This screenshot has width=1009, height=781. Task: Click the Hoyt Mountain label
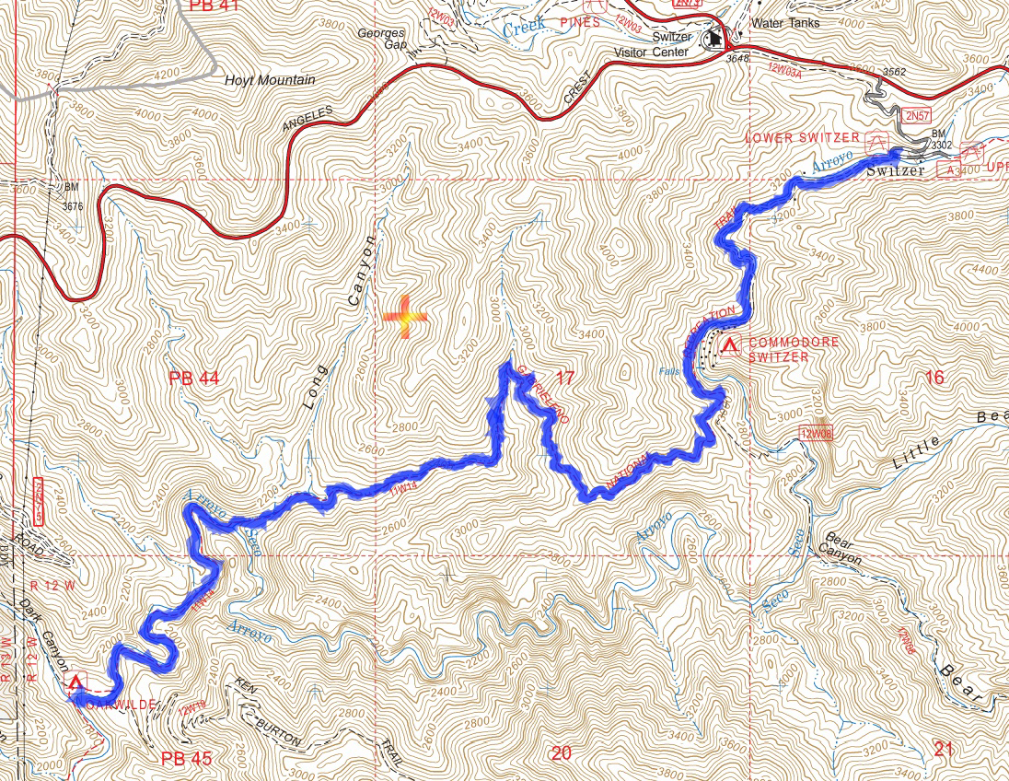pyautogui.click(x=270, y=80)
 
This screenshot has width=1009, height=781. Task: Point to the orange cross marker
pyautogui.click(x=405, y=318)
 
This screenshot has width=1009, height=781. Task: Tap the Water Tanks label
pyautogui.click(x=784, y=23)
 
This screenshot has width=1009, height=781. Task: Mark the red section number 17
pyautogui.click(x=565, y=377)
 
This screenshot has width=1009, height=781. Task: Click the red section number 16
pyautogui.click(x=934, y=377)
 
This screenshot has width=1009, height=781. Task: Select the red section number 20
pyautogui.click(x=561, y=753)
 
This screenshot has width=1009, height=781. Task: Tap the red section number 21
pyautogui.click(x=943, y=750)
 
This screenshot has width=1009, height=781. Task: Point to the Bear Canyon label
pyautogui.click(x=841, y=548)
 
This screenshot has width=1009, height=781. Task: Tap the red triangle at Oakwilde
pyautogui.click(x=76, y=682)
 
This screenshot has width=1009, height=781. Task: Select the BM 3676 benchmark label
pyautogui.click(x=73, y=196)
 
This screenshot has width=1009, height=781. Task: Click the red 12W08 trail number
pyautogui.click(x=816, y=432)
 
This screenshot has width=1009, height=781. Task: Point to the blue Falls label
pyautogui.click(x=671, y=371)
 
